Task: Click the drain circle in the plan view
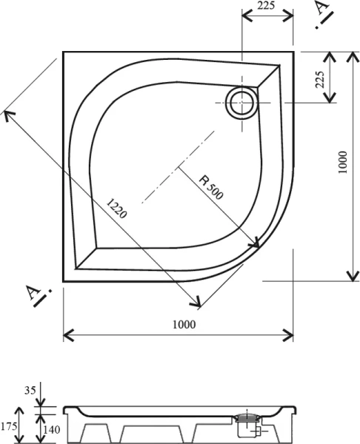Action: pyautogui.click(x=242, y=103)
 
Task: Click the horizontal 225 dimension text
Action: pyautogui.click(x=267, y=7)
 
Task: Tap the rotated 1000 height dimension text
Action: pyautogui.click(x=340, y=164)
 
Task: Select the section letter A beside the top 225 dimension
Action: pyautogui.click(x=321, y=10)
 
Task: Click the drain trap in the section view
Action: pyautogui.click(x=247, y=423)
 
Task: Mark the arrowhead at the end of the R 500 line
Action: pyautogui.click(x=256, y=243)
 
